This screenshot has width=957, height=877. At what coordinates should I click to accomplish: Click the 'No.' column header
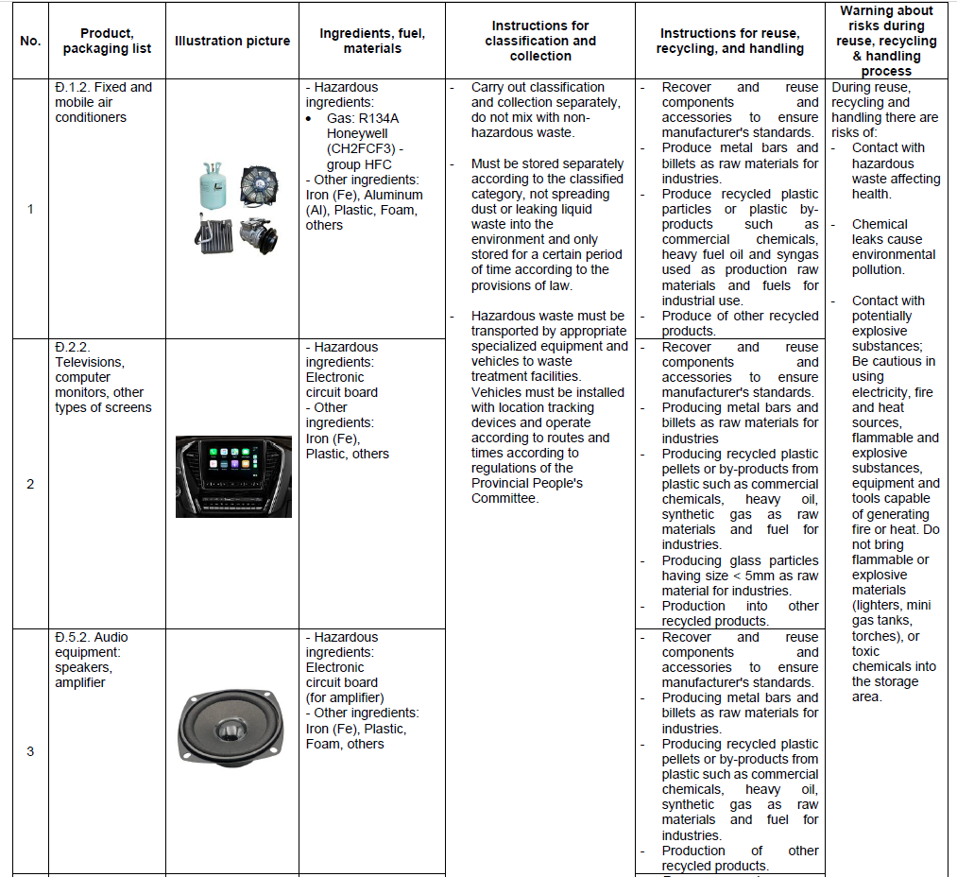coord(30,41)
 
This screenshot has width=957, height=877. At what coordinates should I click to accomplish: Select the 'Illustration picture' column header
coord(232,41)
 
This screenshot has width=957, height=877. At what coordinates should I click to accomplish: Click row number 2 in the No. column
coord(30,484)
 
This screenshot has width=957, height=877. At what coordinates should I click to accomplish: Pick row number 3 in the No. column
coord(30,751)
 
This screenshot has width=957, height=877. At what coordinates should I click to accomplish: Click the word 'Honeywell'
coord(357,133)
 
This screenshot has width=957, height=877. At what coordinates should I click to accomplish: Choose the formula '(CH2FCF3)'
coord(364,148)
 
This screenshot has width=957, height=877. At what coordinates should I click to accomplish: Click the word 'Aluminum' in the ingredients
coord(390,195)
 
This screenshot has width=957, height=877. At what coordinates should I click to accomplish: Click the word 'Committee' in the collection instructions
coord(504,498)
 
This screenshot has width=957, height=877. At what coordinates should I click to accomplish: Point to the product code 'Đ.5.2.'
coord(73,637)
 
